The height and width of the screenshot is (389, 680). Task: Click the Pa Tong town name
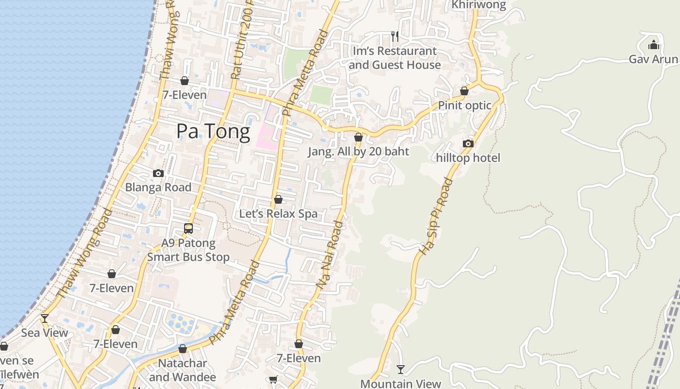tap(213, 131)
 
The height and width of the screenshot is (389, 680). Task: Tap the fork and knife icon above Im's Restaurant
tap(395, 36)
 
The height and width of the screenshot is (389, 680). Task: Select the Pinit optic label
tap(464, 106)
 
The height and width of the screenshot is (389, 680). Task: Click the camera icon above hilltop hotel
tap(468, 143)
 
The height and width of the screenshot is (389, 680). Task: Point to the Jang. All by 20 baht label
tap(358, 151)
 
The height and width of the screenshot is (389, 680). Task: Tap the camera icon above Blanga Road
tap(158, 173)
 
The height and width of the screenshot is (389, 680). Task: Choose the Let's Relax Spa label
tap(278, 213)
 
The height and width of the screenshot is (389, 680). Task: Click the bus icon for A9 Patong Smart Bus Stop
tap(188, 228)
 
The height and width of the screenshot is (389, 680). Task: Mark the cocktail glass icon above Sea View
tap(45, 318)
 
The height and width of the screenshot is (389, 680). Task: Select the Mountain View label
tap(401, 384)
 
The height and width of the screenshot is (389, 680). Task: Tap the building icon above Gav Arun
tap(654, 45)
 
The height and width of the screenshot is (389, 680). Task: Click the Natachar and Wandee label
tap(183, 370)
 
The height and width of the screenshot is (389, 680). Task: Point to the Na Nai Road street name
tap(329, 256)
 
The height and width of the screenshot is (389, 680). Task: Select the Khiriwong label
tap(478, 5)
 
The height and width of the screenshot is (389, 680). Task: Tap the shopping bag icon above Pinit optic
tap(464, 91)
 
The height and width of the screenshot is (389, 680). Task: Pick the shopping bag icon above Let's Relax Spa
tap(278, 199)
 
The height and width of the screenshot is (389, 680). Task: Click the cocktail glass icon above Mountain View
tap(401, 370)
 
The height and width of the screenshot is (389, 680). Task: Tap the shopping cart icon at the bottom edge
tap(273, 380)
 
